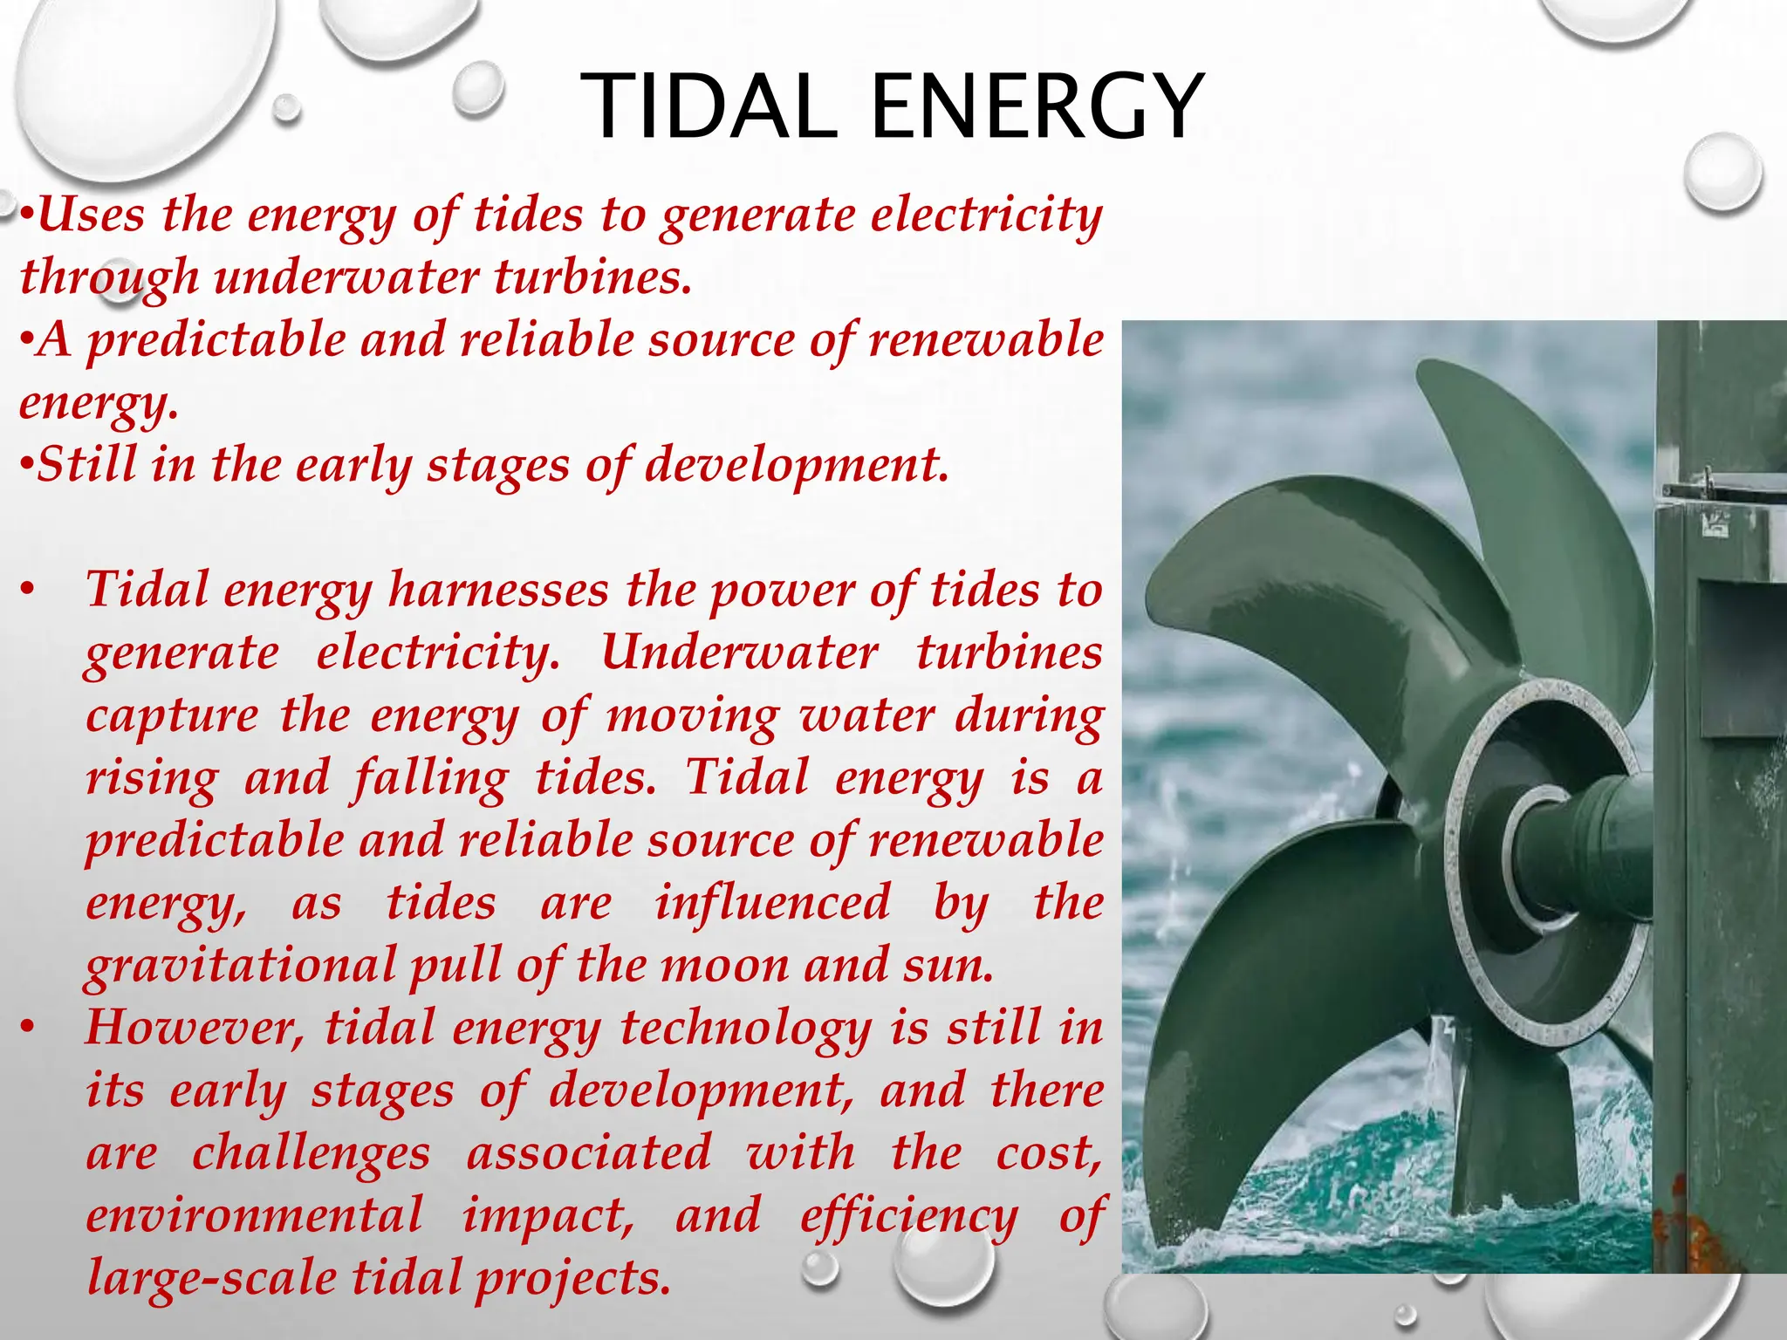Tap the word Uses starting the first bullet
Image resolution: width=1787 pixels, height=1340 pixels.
click(x=91, y=214)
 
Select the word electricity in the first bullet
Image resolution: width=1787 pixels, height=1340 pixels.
click(x=986, y=215)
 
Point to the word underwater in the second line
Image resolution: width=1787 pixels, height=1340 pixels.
click(x=346, y=277)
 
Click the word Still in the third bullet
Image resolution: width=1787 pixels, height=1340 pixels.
click(x=87, y=464)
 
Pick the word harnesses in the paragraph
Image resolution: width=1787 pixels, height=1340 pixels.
click(x=498, y=590)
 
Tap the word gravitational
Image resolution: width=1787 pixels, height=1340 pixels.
click(x=241, y=966)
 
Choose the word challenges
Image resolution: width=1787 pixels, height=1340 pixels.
click(x=311, y=1153)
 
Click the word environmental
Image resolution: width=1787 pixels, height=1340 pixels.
click(x=254, y=1216)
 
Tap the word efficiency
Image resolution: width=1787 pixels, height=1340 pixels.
click(x=908, y=1216)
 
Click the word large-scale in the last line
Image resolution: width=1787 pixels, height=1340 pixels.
click(x=212, y=1279)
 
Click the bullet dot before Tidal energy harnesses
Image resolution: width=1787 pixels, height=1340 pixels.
click(x=29, y=591)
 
